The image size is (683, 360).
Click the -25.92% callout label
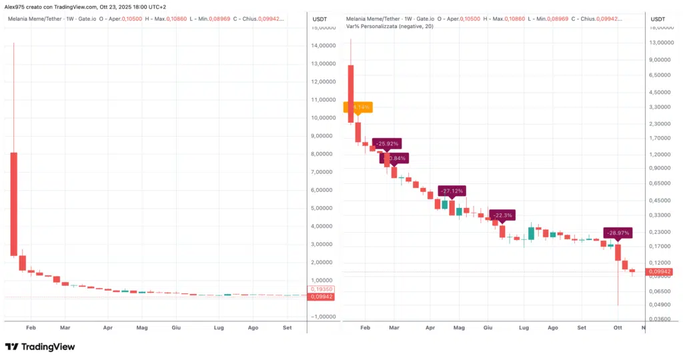[387, 143]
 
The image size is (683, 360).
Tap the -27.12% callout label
[451, 191]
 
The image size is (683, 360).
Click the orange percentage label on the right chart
[358, 107]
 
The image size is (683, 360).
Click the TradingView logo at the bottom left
[40, 347]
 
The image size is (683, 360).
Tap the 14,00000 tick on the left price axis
[323, 46]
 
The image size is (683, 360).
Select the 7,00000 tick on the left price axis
[323, 172]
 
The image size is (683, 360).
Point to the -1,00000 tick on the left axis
[323, 317]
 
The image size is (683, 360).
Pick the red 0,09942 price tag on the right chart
[658, 272]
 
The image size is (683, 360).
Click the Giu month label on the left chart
[176, 328]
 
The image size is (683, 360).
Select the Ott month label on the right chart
[618, 328]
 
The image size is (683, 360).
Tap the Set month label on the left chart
[287, 328]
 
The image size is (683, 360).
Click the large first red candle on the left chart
[13, 203]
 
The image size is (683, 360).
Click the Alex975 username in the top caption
[16, 6]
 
